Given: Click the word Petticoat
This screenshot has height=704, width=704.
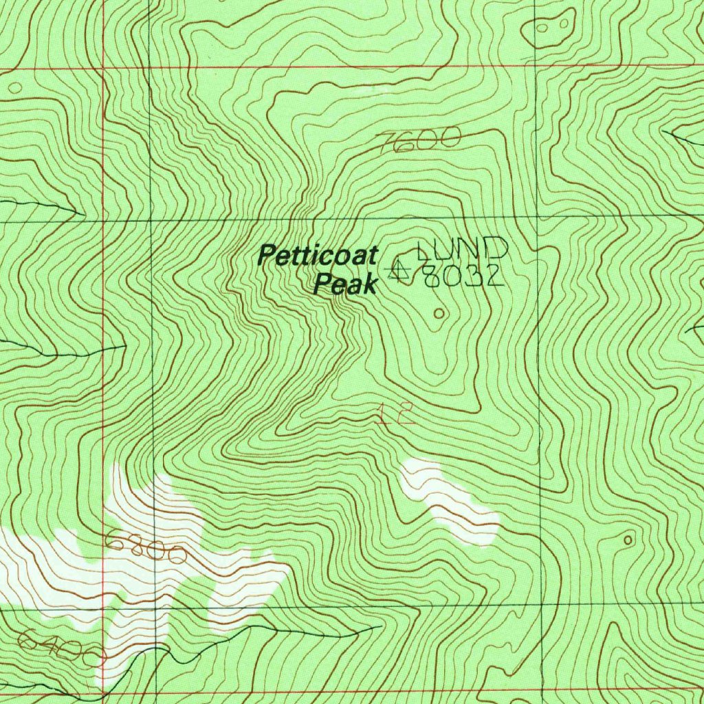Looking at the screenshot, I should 318,257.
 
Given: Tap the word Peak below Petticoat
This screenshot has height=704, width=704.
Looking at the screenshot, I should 345,284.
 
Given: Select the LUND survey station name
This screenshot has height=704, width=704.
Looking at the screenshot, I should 463,248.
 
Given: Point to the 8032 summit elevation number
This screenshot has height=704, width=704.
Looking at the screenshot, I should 464,276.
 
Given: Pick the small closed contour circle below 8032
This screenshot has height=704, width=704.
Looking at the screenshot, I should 439,313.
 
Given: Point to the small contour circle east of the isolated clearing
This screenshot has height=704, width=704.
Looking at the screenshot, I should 627,540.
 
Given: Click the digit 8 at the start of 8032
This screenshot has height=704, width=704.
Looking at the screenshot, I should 432,276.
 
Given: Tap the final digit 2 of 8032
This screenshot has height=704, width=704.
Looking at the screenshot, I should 495,276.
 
